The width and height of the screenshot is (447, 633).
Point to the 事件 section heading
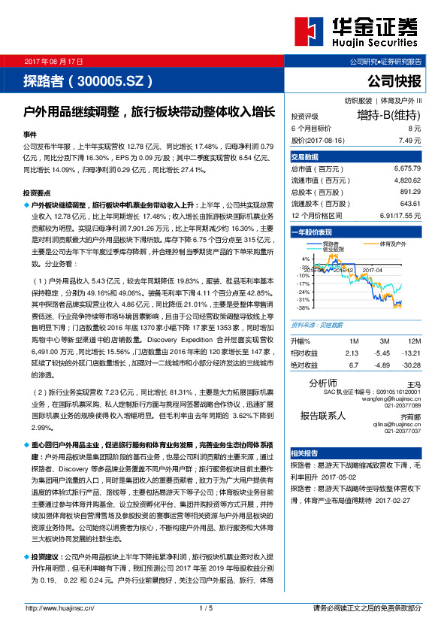tap(30, 133)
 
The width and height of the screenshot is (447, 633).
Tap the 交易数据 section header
tap(304, 157)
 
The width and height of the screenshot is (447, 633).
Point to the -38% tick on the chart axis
tap(302, 307)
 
